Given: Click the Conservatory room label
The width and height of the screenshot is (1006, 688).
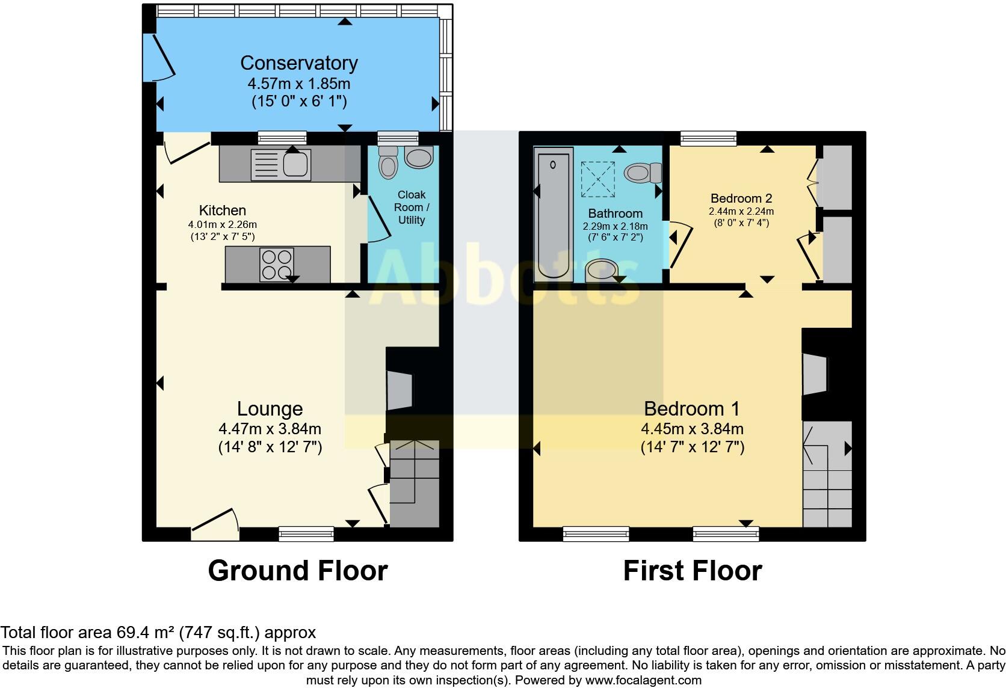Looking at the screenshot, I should (299, 63).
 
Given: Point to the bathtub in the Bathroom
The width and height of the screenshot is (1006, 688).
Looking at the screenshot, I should (554, 214).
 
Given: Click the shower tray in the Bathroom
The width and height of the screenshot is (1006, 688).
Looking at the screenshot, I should (597, 180).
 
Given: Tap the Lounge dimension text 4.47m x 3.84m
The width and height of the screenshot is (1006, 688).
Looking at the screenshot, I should (270, 429).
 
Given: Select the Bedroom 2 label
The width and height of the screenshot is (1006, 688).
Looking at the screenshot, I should (741, 198).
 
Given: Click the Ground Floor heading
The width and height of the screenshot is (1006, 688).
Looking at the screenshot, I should (297, 570).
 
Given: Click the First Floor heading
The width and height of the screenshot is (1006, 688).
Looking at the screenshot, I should (692, 570).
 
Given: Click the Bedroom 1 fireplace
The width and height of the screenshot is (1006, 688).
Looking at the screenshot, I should (815, 374).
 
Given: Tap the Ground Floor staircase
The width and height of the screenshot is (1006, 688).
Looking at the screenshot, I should (415, 484).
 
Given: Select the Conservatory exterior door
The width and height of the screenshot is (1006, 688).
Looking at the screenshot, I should (159, 57).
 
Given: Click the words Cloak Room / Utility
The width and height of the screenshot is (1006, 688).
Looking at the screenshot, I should (412, 207).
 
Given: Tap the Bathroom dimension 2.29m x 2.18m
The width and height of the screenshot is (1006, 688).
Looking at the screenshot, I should (615, 227).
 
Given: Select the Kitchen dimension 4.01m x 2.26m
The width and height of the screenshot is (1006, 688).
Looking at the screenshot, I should (222, 224).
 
